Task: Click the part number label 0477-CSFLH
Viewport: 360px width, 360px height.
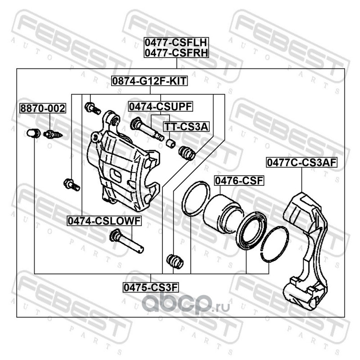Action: click(x=176, y=43)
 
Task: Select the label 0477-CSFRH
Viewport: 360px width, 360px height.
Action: click(x=176, y=54)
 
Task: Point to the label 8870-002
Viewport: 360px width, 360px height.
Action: click(x=42, y=108)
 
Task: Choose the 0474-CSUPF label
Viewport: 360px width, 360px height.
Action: click(x=161, y=106)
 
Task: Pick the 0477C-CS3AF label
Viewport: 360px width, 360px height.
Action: click(x=301, y=162)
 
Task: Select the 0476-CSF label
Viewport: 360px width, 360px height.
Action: click(x=238, y=181)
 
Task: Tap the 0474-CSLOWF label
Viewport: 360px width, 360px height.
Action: click(x=104, y=220)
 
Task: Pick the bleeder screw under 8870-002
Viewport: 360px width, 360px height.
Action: click(x=53, y=134)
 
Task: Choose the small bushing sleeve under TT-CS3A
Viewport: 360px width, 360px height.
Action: click(x=171, y=144)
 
